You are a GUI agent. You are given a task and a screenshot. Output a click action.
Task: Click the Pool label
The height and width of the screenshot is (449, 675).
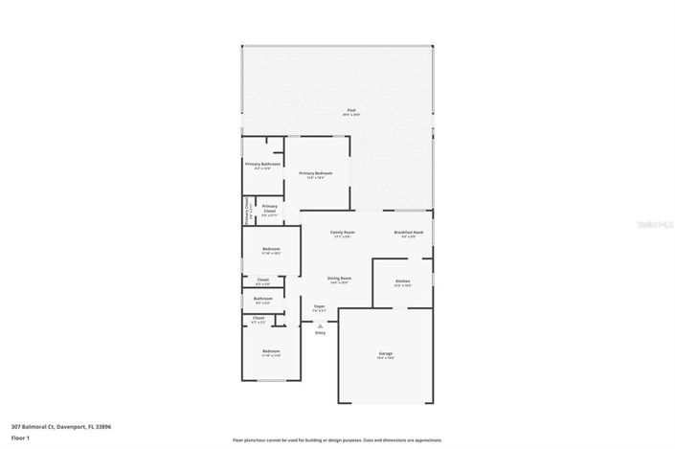click(x=352, y=112)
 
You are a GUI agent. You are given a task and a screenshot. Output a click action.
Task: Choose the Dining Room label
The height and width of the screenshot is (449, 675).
click(x=340, y=280)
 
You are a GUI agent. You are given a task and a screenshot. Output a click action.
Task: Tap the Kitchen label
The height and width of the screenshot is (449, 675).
click(x=403, y=281)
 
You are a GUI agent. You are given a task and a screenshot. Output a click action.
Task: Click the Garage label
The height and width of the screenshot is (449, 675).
click(x=386, y=354)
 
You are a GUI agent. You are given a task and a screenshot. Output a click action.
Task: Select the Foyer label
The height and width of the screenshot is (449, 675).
click(x=320, y=307)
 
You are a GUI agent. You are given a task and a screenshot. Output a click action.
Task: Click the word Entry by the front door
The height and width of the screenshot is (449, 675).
click(x=320, y=333)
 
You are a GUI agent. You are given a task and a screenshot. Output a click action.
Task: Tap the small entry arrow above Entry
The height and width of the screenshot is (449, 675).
click(x=320, y=326)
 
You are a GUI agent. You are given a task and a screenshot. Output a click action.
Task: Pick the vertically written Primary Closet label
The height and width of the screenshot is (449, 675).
click(x=247, y=209)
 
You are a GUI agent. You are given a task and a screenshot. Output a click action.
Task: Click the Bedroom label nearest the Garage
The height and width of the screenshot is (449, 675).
click(x=271, y=352)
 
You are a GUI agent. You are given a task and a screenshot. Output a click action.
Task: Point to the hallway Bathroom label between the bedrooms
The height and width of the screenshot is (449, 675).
click(x=263, y=299)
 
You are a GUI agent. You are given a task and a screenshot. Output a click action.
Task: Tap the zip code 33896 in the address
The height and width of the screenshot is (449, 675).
click(x=102, y=427)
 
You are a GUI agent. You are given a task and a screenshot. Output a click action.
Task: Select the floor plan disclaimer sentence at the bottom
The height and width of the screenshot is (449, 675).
click(x=337, y=439)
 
